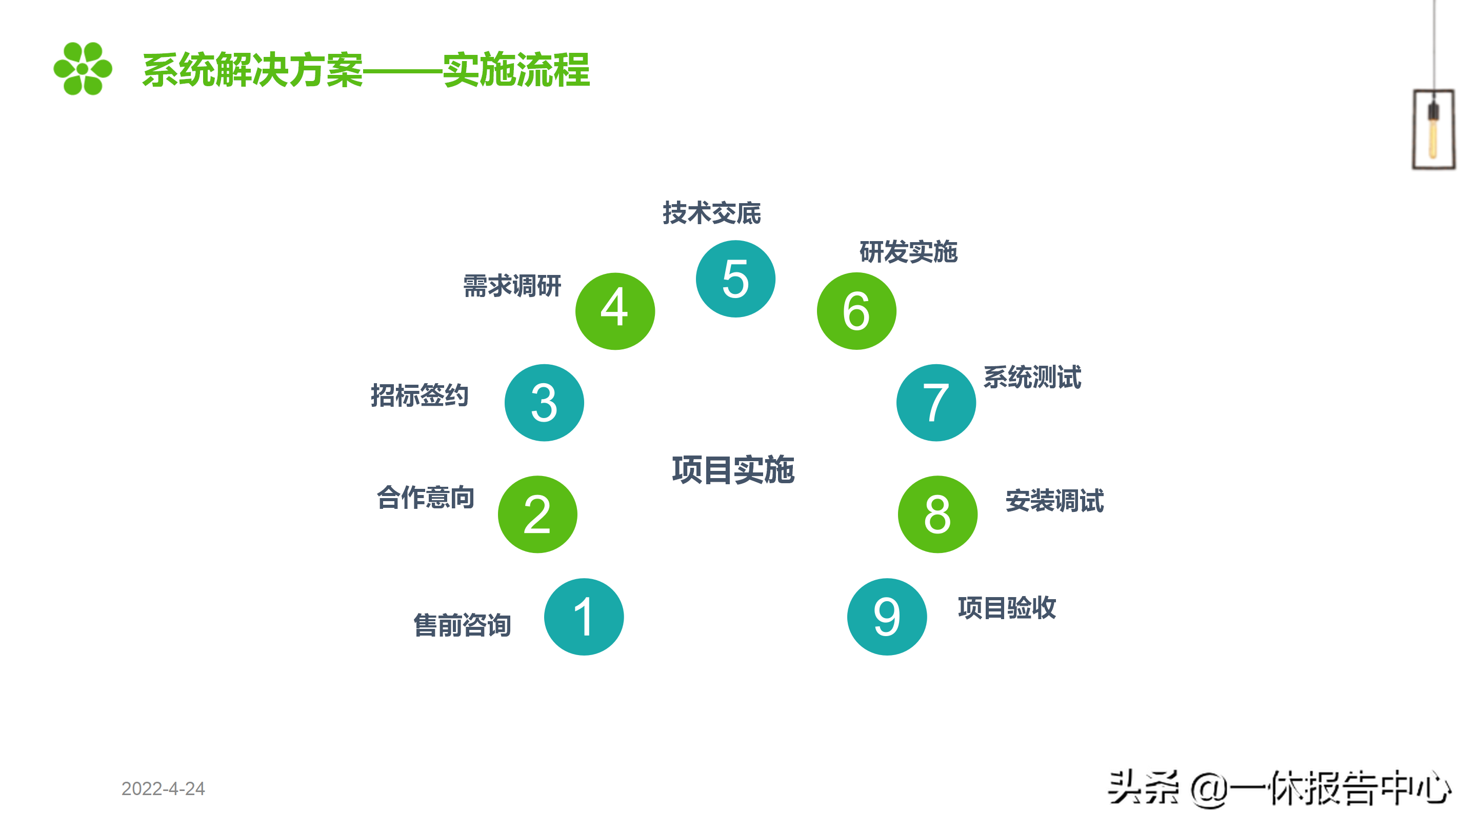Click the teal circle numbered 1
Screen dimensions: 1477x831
click(584, 617)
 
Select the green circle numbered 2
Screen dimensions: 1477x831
click(537, 514)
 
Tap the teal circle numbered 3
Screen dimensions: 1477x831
click(544, 403)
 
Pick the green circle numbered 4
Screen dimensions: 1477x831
click(615, 311)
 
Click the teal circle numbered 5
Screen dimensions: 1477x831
click(735, 279)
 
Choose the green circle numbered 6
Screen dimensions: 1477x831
click(856, 311)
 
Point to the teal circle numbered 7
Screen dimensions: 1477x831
click(936, 403)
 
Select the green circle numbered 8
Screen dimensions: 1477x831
click(937, 514)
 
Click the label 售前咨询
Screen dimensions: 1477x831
click(462, 625)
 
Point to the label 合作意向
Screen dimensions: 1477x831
click(426, 497)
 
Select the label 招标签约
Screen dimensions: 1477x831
click(420, 395)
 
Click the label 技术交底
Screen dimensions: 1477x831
click(711, 213)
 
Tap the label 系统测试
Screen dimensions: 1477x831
click(1032, 378)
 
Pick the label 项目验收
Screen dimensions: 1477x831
click(1007, 607)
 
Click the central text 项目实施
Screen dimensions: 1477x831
click(733, 470)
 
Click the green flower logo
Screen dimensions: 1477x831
click(83, 69)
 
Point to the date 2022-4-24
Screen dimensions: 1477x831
click(163, 788)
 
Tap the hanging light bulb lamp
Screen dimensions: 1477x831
click(1433, 129)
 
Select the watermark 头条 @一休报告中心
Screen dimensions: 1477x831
click(1279, 788)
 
